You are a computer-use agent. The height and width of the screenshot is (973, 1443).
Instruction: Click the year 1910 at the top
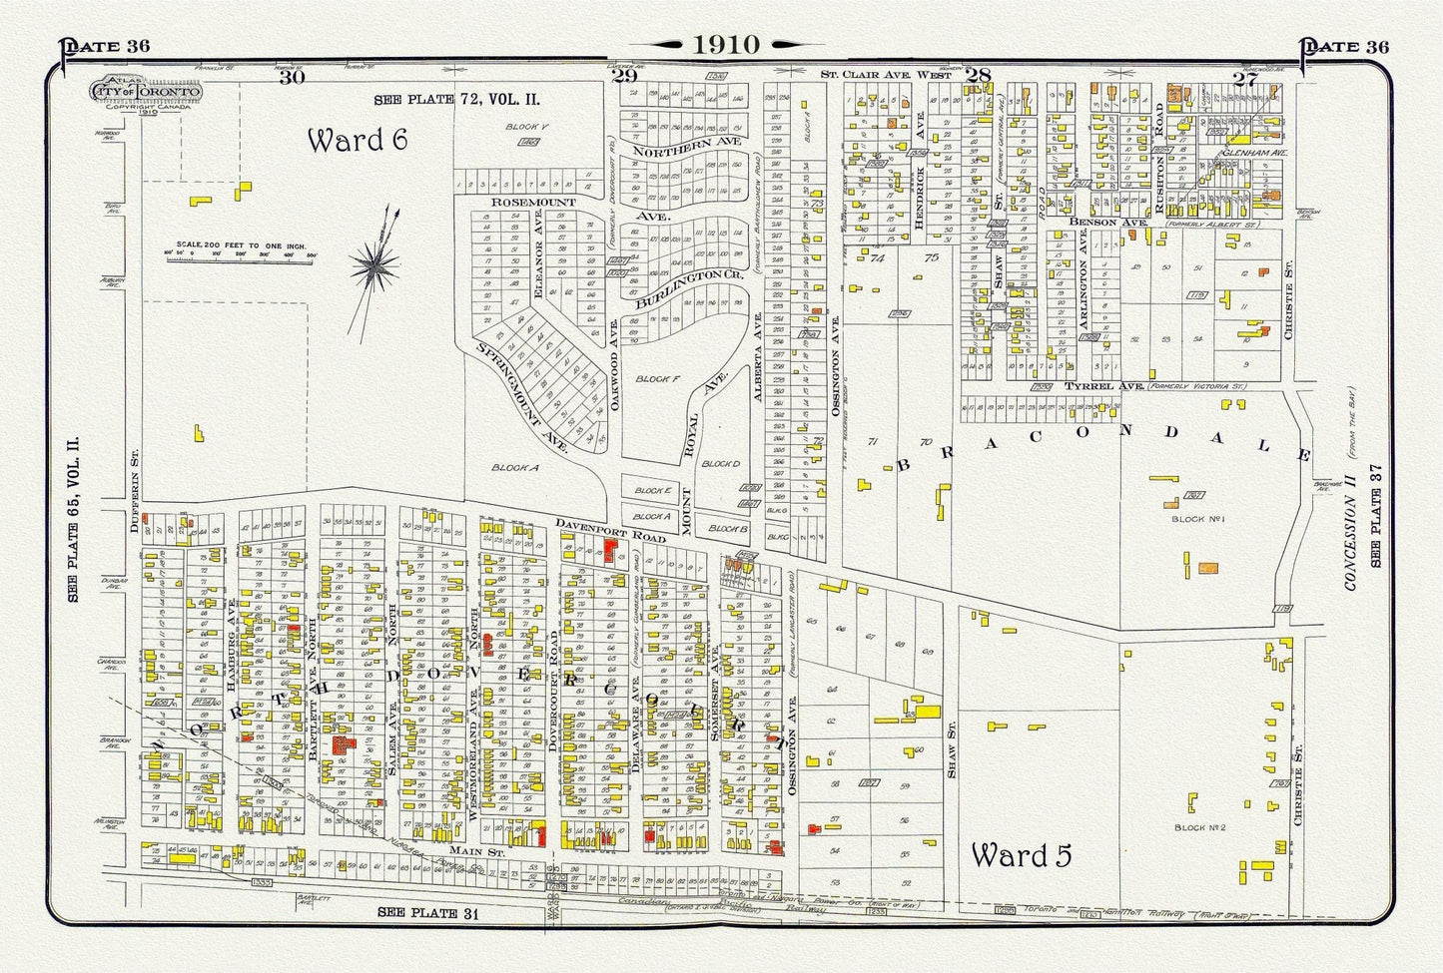pos(722,44)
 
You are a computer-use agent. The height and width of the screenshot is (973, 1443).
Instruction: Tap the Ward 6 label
pos(357,140)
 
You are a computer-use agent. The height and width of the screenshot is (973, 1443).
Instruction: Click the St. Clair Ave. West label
pos(891,75)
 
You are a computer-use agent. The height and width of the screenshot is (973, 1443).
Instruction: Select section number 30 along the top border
pos(292,77)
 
